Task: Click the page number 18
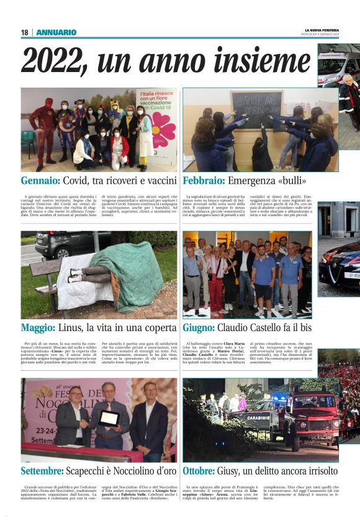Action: (x=25, y=32)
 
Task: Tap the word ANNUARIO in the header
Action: (x=56, y=32)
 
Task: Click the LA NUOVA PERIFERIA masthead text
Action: (x=322, y=30)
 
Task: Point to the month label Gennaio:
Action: (x=40, y=181)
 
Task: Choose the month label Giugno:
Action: (x=202, y=327)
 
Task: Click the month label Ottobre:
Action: (x=204, y=471)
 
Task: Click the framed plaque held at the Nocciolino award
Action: (x=109, y=417)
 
